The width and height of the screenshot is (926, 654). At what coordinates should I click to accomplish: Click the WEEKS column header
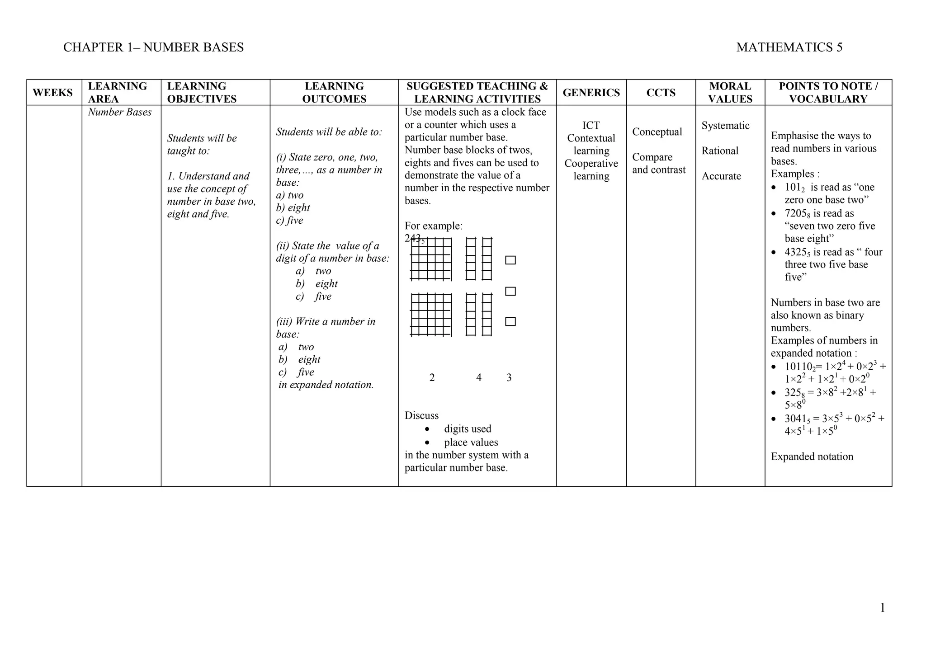52,93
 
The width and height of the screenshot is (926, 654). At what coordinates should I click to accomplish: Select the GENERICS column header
591,93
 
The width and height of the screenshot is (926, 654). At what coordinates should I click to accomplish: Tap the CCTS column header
661,93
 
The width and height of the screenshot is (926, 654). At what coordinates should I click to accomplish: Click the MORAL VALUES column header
730,93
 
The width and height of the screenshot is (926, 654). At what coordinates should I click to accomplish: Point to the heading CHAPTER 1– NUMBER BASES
153,47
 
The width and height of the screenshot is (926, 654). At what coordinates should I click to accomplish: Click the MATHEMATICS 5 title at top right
789,47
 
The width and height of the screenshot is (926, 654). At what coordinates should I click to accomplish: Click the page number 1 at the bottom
882,608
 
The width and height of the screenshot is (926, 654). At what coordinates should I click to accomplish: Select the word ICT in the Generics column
591,126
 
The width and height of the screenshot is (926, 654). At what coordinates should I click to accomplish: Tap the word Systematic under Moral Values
725,126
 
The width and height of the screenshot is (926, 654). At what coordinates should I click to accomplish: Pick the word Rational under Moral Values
720,151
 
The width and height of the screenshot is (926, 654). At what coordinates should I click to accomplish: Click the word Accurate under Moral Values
721,176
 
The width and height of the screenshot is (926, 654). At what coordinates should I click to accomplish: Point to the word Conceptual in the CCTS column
657,132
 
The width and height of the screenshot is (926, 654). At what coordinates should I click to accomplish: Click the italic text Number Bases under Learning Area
120,112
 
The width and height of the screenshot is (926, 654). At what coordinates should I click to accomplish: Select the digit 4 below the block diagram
479,377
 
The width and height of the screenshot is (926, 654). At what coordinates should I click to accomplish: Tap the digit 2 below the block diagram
432,377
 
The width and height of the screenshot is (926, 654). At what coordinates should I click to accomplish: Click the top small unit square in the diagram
510,260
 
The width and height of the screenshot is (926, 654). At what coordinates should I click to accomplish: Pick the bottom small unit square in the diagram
510,322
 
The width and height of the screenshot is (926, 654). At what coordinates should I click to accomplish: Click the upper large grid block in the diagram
431,259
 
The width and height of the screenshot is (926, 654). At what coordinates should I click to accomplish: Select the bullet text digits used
468,429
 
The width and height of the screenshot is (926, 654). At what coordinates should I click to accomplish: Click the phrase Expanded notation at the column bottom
812,457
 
